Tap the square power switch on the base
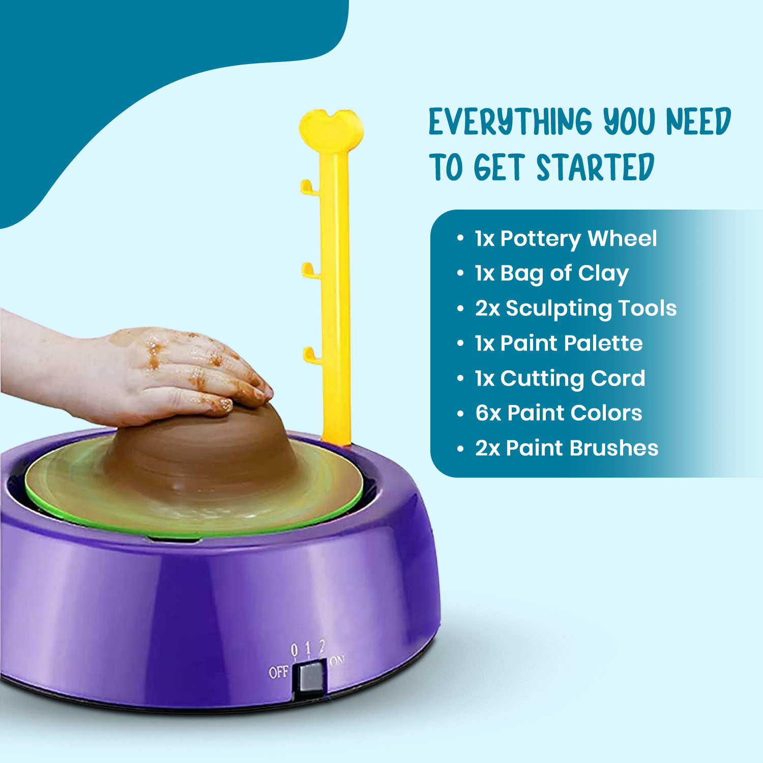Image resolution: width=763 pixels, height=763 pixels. (311, 676)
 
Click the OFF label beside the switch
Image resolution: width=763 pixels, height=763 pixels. (278, 672)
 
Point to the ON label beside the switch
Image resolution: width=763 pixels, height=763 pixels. (337, 661)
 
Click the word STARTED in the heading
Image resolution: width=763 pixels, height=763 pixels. (595, 168)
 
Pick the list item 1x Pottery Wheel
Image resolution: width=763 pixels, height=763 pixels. (566, 239)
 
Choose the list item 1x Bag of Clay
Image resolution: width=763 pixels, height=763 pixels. (552, 274)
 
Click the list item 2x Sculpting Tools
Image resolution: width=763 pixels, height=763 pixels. (576, 308)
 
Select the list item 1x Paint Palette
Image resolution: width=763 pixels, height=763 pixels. (559, 343)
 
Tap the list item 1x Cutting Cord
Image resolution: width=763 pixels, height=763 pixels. (560, 378)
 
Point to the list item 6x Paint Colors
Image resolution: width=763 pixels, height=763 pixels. (559, 413)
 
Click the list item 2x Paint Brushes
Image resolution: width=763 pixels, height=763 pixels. (567, 448)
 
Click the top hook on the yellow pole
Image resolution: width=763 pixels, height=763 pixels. (308, 187)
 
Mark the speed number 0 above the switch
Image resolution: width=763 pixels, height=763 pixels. (294, 650)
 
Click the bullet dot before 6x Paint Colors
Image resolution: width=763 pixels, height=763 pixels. (460, 414)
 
